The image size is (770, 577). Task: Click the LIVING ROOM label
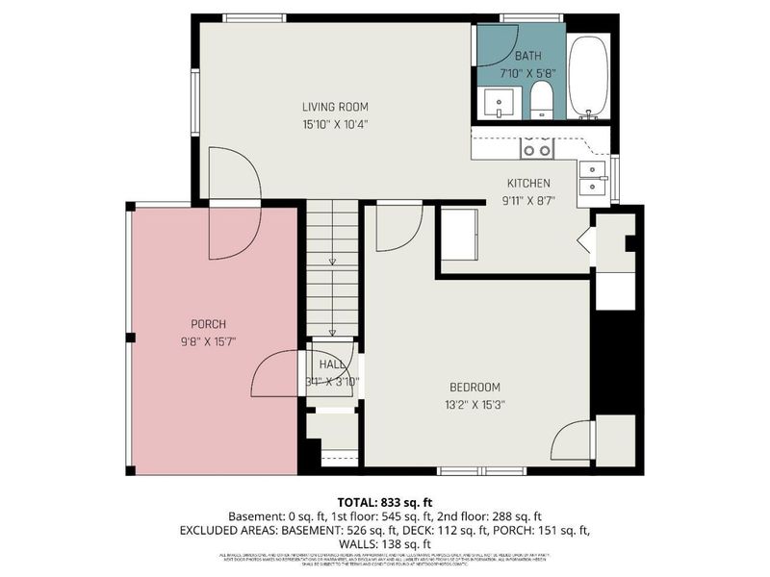pyautogui.click(x=335, y=107)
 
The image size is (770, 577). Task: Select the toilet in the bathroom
pyautogui.click(x=542, y=100)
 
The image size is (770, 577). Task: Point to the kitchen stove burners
pyautogui.click(x=537, y=148)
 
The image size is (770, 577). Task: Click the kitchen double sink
pyautogui.click(x=592, y=178)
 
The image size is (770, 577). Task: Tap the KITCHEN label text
pyautogui.click(x=528, y=183)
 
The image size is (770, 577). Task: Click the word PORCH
pyautogui.click(x=208, y=324)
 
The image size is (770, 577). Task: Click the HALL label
pyautogui.click(x=332, y=364)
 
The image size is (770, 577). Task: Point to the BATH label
pyautogui.click(x=527, y=57)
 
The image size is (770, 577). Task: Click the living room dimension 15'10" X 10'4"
pyautogui.click(x=335, y=123)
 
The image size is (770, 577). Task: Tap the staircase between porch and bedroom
pyautogui.click(x=332, y=269)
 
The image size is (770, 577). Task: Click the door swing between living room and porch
pyautogui.click(x=234, y=204)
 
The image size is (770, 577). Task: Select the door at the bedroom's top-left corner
pyautogui.click(x=397, y=226)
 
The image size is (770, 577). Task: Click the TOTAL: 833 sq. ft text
pyautogui.click(x=384, y=502)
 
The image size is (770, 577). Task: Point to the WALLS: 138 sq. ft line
pyautogui.click(x=384, y=543)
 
